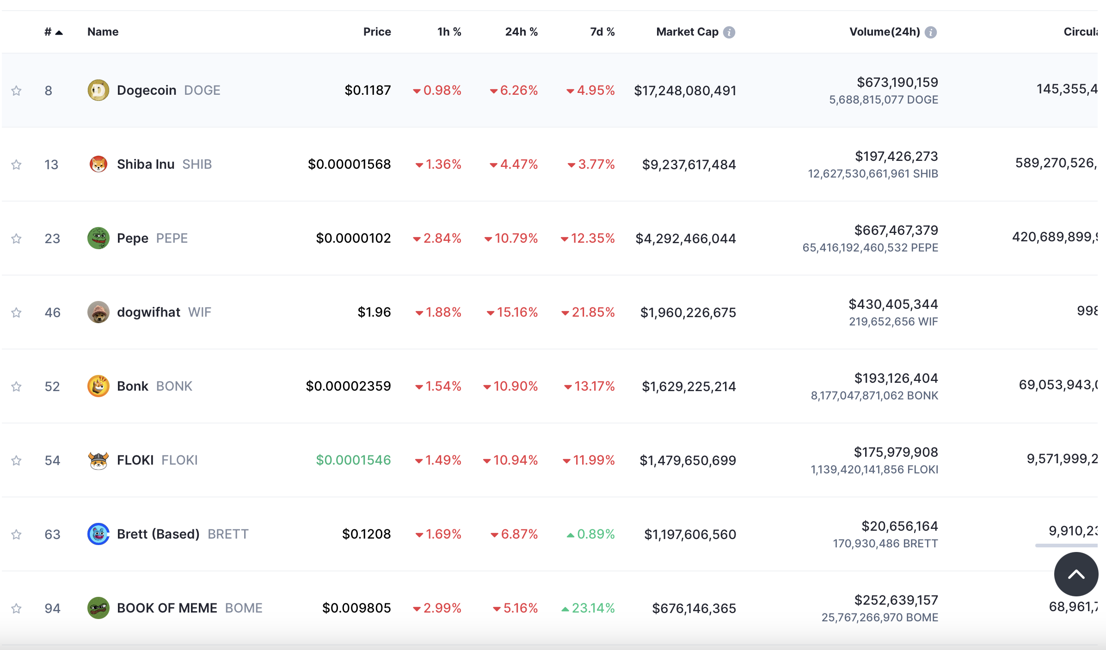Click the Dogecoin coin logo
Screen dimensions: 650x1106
pyautogui.click(x=98, y=90)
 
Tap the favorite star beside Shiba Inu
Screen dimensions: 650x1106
pyautogui.click(x=17, y=165)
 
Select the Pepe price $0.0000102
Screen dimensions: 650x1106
pyautogui.click(x=353, y=238)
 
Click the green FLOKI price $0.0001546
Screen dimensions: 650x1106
pyautogui.click(x=353, y=460)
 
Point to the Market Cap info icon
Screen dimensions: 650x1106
pyautogui.click(x=729, y=32)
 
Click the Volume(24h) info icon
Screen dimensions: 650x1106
pyautogui.click(x=931, y=32)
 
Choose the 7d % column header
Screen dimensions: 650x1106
pyautogui.click(x=602, y=32)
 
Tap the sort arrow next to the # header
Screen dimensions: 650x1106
pyautogui.click(x=59, y=32)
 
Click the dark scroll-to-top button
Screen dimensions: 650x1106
pyautogui.click(x=1076, y=574)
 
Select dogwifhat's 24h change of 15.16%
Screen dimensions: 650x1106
pyautogui.click(x=512, y=312)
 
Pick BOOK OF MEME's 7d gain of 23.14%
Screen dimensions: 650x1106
pyautogui.click(x=588, y=608)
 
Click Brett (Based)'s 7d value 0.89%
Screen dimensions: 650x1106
pyautogui.click(x=591, y=534)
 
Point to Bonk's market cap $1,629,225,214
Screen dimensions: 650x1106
pyautogui.click(x=688, y=386)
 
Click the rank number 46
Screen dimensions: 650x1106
pyautogui.click(x=52, y=313)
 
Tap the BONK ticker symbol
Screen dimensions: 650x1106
pyautogui.click(x=174, y=386)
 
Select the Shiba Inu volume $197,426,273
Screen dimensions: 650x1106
pyautogui.click(x=896, y=156)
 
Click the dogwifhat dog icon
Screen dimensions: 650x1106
pyautogui.click(x=98, y=312)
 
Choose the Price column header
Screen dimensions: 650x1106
pyautogui.click(x=377, y=32)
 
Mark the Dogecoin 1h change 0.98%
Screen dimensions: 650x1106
pyautogui.click(x=437, y=90)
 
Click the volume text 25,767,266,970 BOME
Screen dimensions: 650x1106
pyautogui.click(x=879, y=617)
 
